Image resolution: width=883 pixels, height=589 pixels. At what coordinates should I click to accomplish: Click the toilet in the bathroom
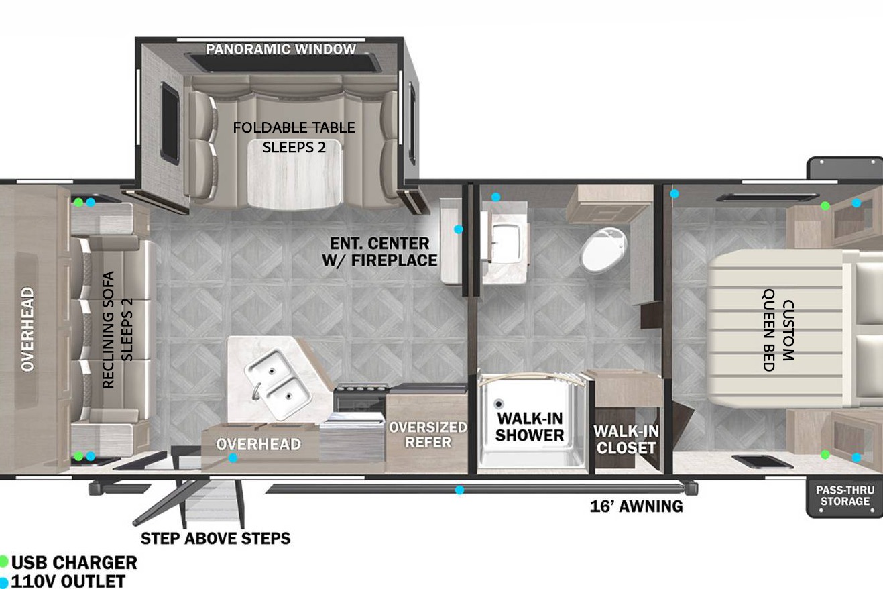[604, 250]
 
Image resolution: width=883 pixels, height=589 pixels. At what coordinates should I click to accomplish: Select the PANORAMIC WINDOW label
[281, 50]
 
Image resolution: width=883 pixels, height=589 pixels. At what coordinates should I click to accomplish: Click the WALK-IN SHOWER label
[530, 427]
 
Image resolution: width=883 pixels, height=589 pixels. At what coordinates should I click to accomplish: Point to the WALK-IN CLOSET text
[626, 439]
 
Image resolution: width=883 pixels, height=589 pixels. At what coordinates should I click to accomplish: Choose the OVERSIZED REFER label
[428, 435]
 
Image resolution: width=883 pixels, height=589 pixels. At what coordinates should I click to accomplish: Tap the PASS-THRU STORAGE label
[845, 496]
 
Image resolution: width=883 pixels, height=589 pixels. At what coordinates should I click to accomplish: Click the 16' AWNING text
[636, 506]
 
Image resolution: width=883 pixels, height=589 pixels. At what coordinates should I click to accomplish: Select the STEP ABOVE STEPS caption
[216, 538]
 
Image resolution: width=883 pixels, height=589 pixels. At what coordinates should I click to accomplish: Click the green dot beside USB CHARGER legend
[3, 561]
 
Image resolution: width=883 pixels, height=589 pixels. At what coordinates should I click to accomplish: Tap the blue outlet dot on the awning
[460, 490]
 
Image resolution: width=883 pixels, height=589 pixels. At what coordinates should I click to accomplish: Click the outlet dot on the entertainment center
[458, 229]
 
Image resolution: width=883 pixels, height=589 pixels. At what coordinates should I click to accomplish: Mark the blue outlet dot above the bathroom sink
[496, 197]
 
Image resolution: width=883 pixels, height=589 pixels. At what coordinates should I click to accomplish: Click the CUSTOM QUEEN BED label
[778, 330]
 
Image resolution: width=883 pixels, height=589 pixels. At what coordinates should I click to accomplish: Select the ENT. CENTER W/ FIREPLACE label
[379, 252]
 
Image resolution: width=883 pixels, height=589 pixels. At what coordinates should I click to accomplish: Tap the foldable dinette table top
[294, 174]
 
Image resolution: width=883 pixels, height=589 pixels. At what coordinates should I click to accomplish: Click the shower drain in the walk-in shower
[499, 404]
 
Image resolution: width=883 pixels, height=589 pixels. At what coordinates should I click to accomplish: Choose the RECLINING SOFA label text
[108, 329]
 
